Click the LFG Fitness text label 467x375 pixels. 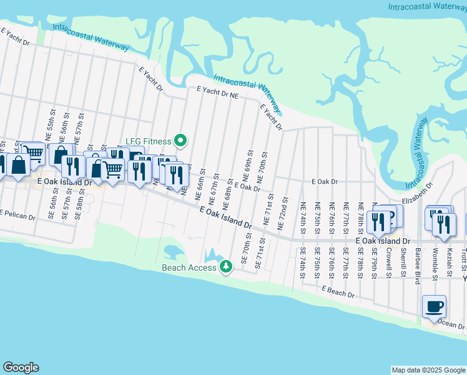(148, 141)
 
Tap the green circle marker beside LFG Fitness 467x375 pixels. (181, 141)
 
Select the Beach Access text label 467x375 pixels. (188, 267)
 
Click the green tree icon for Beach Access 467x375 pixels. (225, 267)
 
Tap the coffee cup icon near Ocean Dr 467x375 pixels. (435, 307)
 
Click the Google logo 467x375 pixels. (21, 367)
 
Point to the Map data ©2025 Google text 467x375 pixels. (428, 370)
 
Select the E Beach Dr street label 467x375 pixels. (338, 292)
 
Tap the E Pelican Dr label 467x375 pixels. (18, 213)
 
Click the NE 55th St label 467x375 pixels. (49, 129)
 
